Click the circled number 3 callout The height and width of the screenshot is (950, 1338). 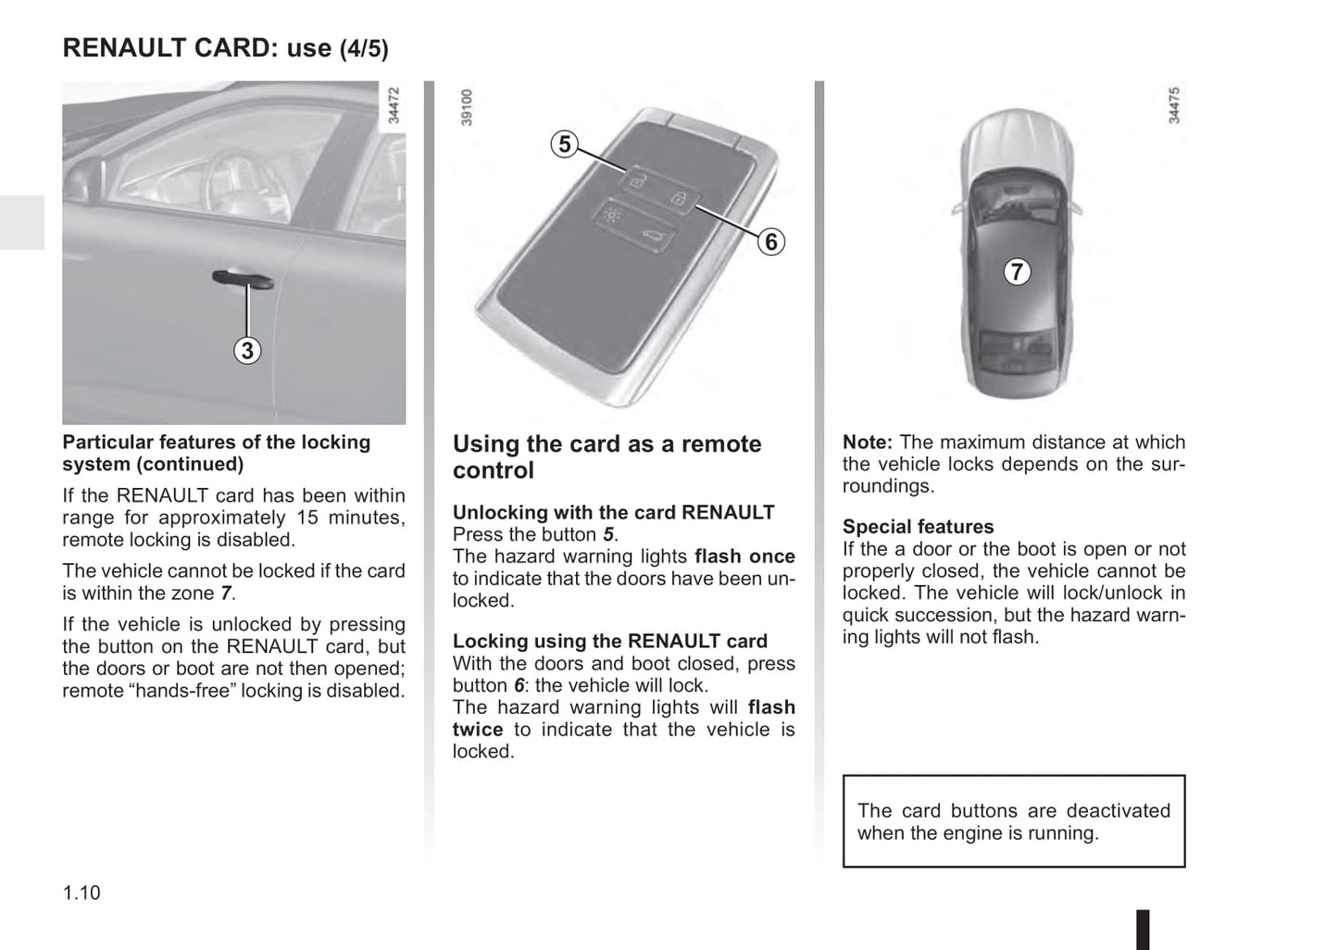246,351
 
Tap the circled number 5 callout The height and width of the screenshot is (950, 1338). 564,144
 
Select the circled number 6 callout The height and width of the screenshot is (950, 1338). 770,243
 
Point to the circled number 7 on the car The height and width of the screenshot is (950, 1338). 1017,271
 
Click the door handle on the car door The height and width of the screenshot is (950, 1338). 243,278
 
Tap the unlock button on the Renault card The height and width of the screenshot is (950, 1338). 636,181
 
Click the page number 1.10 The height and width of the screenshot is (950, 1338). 81,893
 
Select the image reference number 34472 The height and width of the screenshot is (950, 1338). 394,106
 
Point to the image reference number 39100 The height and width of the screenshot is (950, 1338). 467,106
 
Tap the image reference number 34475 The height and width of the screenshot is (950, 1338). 1174,106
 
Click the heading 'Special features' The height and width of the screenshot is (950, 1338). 918,527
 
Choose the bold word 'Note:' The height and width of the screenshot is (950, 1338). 868,443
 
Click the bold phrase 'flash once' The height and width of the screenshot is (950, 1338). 744,556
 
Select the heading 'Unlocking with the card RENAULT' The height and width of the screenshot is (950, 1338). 613,512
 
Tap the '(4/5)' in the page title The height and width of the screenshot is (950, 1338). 364,49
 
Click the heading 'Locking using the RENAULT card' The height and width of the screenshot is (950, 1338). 609,641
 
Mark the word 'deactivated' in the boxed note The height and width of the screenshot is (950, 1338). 1119,811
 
